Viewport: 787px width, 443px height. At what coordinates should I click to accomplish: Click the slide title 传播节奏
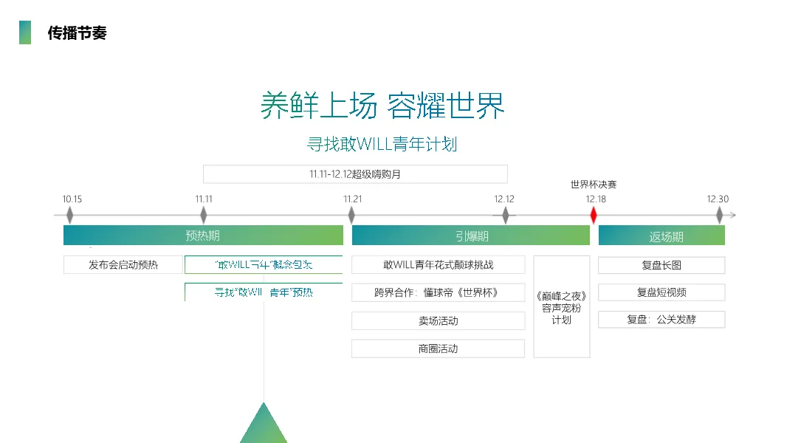click(x=77, y=33)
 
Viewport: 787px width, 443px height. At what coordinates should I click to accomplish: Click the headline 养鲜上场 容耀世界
click(x=382, y=106)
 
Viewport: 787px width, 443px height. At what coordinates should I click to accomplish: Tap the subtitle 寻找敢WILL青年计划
click(x=382, y=144)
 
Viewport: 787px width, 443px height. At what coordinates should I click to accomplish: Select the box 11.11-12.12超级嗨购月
click(x=355, y=174)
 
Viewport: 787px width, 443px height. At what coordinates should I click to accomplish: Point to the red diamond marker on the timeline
click(x=593, y=215)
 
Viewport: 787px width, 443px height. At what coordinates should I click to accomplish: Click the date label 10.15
click(x=72, y=199)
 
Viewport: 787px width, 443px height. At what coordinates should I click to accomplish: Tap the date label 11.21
click(x=353, y=199)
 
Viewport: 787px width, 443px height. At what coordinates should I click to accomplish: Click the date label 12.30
click(x=718, y=199)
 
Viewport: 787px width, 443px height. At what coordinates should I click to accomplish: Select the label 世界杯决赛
click(x=593, y=185)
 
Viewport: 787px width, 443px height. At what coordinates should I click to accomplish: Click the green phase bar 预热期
click(x=203, y=236)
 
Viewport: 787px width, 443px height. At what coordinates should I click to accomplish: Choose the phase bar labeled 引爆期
click(x=471, y=236)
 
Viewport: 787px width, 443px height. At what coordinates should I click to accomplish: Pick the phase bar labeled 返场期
click(x=661, y=236)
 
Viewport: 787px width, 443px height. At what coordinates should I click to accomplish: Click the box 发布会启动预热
click(x=123, y=265)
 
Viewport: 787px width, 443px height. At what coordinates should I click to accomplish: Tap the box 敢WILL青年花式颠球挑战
click(x=438, y=265)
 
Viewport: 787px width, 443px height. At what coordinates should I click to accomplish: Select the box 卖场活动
click(x=438, y=321)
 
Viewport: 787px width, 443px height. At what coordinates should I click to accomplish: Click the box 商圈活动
click(x=438, y=348)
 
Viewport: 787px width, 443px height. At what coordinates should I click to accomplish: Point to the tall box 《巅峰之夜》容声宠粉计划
click(x=562, y=307)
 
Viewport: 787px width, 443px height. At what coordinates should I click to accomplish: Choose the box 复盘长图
click(x=661, y=265)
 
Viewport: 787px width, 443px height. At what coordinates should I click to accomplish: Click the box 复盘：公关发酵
click(x=661, y=320)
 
